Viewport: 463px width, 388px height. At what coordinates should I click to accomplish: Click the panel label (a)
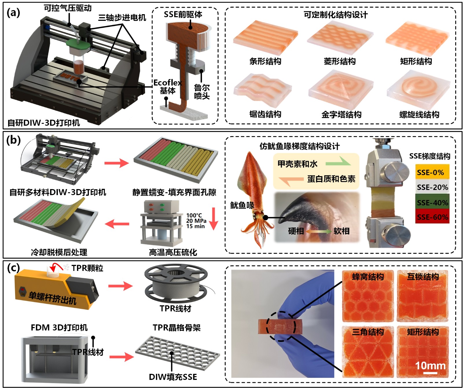[x=13, y=12]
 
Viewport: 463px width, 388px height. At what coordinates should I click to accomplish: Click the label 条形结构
[x=265, y=61]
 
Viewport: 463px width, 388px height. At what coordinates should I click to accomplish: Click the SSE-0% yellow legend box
[x=432, y=172]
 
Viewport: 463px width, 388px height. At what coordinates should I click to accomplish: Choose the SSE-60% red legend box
[x=432, y=217]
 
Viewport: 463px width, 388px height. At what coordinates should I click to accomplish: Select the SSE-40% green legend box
[x=432, y=202]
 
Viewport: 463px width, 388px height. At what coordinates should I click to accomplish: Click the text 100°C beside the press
[x=194, y=215]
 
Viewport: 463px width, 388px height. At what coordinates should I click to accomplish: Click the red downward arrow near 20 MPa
[x=213, y=219]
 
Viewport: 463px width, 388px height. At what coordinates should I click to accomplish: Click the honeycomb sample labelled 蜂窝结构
[x=368, y=296]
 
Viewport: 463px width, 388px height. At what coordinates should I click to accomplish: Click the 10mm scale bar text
[x=430, y=365]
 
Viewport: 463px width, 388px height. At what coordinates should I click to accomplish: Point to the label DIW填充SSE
[x=173, y=377]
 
